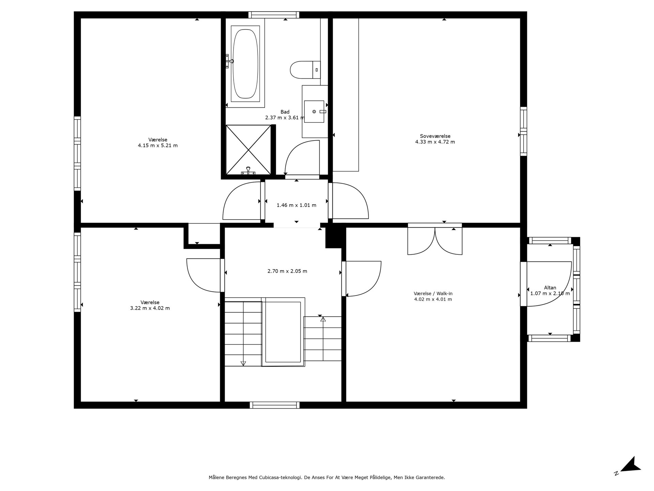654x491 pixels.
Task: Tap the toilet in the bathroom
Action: [x=305, y=70]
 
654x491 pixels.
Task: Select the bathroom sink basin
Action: [x=314, y=111]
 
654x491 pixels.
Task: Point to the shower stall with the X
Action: [x=248, y=150]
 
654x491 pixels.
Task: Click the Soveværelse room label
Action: [x=435, y=136]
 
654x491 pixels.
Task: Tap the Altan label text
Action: [x=550, y=288]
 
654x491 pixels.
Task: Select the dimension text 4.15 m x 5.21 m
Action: [x=158, y=146]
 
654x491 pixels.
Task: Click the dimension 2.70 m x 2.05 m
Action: [x=287, y=271]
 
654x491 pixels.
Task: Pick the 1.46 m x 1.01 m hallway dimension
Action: [x=296, y=205]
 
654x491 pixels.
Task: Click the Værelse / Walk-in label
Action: [x=433, y=294]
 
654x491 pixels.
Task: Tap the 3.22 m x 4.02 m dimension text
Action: [x=150, y=308]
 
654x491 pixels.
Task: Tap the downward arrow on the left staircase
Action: [x=243, y=363]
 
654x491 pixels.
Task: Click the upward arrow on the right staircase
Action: [x=323, y=319]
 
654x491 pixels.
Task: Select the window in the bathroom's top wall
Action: [x=274, y=15]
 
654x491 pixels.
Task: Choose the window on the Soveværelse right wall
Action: [x=524, y=131]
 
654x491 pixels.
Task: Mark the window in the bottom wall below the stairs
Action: [x=275, y=405]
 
